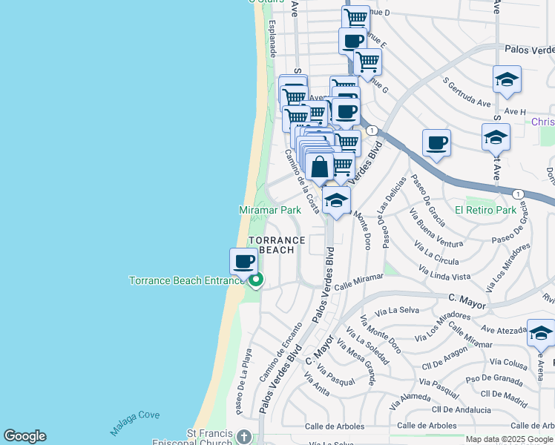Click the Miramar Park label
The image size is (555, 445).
pyautogui.click(x=270, y=210)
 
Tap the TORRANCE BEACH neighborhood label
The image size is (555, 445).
pyautogui.click(x=277, y=245)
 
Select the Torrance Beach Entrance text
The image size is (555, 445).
pyautogui.click(x=187, y=280)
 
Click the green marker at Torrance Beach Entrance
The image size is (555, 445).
pyautogui.click(x=256, y=280)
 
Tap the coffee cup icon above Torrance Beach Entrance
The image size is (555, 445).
pyautogui.click(x=243, y=261)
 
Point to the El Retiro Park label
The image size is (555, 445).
pyautogui.click(x=485, y=210)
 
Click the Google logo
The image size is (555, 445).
pyautogui.click(x=24, y=436)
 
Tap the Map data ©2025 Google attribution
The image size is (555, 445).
pyautogui.click(x=509, y=439)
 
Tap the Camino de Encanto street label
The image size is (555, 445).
pyautogui.click(x=280, y=352)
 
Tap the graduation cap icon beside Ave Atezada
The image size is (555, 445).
pyautogui.click(x=539, y=334)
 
